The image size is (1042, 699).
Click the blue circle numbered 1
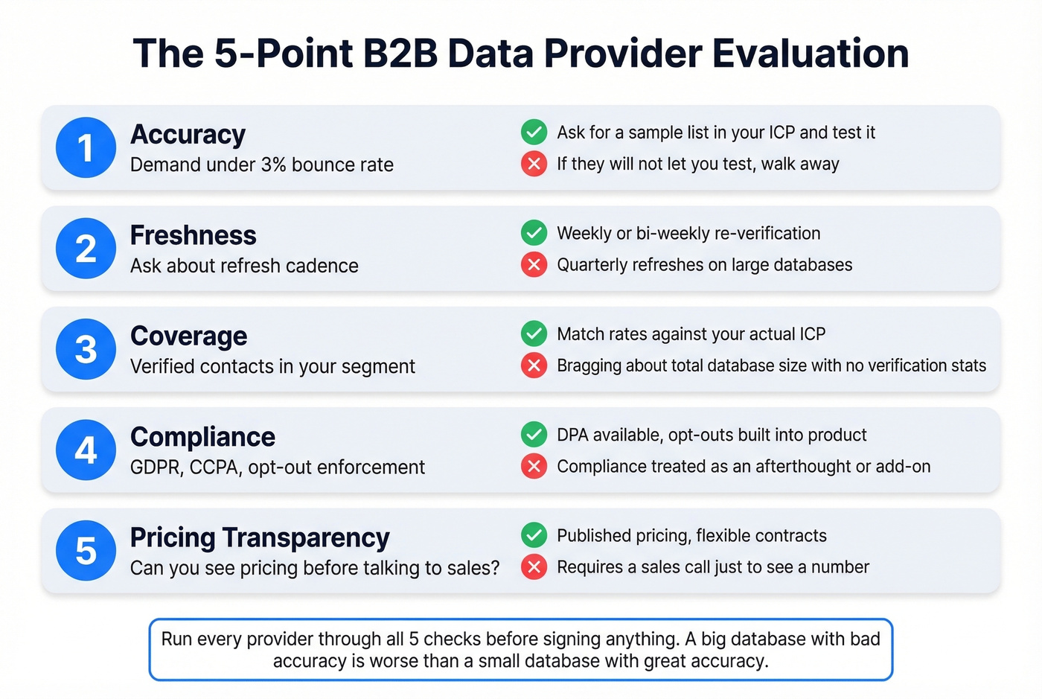[86, 147]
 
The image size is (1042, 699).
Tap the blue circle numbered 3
[86, 349]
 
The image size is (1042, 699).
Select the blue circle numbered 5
[86, 551]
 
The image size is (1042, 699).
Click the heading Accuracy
[188, 135]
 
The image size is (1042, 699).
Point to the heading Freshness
[193, 235]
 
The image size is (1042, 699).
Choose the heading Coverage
[188, 336]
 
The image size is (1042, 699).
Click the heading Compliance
[202, 437]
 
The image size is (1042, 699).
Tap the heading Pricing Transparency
[260, 537]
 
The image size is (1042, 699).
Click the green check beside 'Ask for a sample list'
[534, 132]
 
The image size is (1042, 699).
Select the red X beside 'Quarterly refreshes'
[534, 264]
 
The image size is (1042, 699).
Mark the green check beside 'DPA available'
[534, 434]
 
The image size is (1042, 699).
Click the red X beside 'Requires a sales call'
[534, 566]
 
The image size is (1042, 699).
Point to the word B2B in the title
[400, 54]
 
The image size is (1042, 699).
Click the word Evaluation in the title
[810, 54]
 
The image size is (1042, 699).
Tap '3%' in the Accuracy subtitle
[273, 165]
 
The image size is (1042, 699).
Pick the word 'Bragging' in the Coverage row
[590, 366]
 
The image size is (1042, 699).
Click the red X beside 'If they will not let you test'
[534, 163]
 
